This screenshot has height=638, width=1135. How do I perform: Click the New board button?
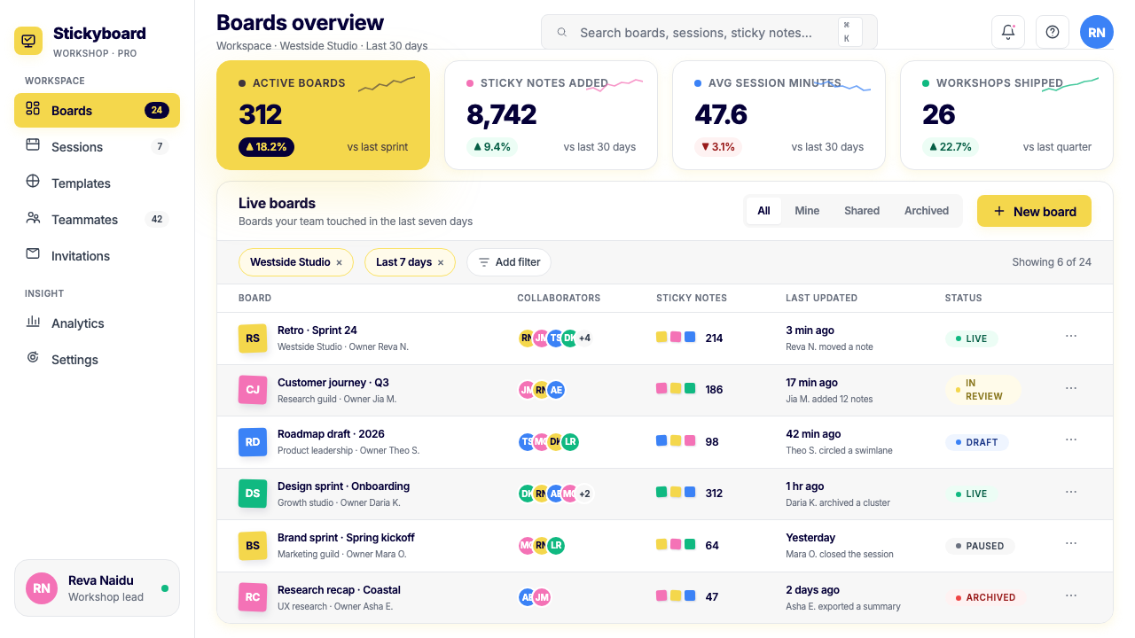coord(1034,211)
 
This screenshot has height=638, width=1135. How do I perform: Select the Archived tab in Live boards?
coord(927,211)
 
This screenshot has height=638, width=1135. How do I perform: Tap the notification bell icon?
coord(1008,32)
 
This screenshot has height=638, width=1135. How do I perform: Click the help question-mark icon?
coord(1053,32)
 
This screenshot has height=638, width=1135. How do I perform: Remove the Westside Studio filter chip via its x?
coord(339,262)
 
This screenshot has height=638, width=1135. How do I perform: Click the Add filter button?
coord(509,262)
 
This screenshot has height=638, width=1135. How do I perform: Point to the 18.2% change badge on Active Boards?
coord(266,147)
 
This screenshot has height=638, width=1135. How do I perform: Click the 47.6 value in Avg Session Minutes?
coord(721,114)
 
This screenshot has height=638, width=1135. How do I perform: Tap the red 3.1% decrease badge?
coord(718,147)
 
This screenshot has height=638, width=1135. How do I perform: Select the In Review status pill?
coord(982,389)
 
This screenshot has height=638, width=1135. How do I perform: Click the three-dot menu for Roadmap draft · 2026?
coord(1070,440)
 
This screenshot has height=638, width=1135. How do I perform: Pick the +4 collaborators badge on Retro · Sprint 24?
coord(584,338)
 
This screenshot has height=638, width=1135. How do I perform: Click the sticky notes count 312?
coord(714,494)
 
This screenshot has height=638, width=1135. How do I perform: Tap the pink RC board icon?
coord(253,597)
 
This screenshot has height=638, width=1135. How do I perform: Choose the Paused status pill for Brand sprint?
coord(980,546)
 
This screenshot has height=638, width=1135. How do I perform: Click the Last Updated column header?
coord(821,299)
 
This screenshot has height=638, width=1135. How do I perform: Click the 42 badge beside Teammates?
coord(157,219)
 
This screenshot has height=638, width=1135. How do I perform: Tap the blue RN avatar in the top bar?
coord(1097,32)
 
